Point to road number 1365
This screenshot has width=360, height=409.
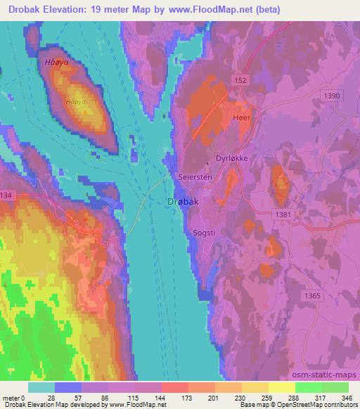click(x=313, y=296)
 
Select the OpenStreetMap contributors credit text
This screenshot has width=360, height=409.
click(x=316, y=405)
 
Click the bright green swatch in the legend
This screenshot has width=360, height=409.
click(x=335, y=387)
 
